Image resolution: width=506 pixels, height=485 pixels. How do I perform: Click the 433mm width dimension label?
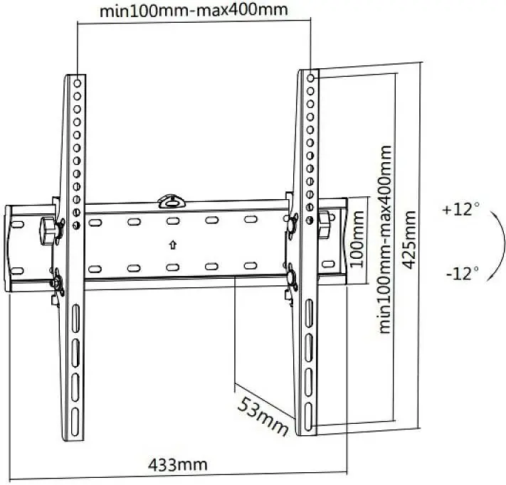click(x=177, y=465)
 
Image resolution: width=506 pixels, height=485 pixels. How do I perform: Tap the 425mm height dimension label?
click(x=410, y=240)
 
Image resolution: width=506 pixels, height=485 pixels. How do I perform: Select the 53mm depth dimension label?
click(x=263, y=416)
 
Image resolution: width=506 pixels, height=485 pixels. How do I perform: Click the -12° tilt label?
click(x=463, y=273)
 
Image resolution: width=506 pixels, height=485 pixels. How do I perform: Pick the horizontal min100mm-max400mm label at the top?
click(x=194, y=11)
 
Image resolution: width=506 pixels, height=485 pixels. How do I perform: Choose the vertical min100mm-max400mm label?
click(x=385, y=239)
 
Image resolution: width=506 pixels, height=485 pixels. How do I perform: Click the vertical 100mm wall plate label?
click(x=357, y=239)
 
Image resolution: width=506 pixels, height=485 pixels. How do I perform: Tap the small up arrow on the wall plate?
click(x=173, y=245)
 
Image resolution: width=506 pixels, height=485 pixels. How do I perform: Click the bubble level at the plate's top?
click(x=172, y=201)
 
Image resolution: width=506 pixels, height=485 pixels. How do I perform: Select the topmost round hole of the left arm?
click(x=77, y=83)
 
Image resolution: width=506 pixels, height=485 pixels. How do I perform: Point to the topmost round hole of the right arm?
click(x=310, y=78)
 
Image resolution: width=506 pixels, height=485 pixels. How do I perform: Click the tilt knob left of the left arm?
click(x=48, y=231)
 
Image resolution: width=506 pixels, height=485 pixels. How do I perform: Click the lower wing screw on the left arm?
click(x=58, y=282)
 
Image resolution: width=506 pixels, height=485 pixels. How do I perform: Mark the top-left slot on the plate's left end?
click(x=17, y=224)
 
